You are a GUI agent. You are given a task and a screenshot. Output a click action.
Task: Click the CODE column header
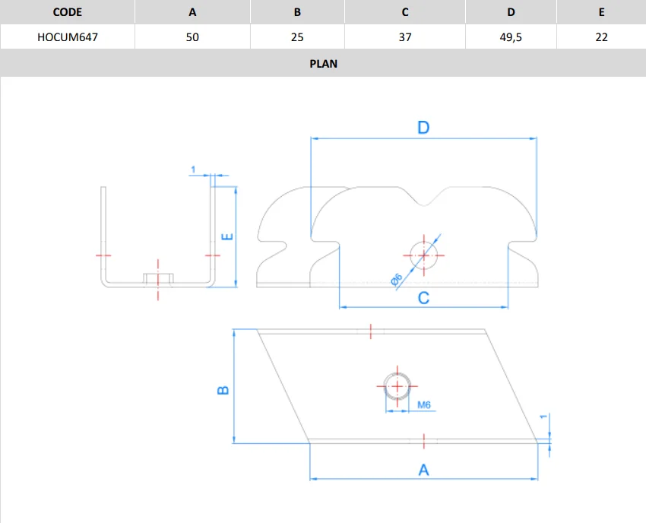[x=68, y=12]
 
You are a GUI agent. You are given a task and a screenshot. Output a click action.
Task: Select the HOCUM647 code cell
[x=68, y=36]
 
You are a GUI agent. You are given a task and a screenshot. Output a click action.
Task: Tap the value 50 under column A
[x=192, y=36]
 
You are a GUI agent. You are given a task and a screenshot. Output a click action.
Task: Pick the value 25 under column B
[x=298, y=36]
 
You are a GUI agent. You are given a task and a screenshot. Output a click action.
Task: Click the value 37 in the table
[x=405, y=36]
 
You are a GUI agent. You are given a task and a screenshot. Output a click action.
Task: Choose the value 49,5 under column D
[x=511, y=36]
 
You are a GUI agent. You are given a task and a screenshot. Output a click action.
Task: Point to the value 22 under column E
[x=601, y=36]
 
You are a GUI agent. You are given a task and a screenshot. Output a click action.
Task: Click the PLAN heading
[x=323, y=64]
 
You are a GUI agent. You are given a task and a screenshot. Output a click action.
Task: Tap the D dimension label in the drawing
[x=423, y=128]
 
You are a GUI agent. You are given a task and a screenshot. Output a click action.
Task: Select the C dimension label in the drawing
[x=423, y=298]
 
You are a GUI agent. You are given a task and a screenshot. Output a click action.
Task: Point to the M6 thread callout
[x=424, y=405]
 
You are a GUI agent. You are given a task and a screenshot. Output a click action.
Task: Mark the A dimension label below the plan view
[x=423, y=470]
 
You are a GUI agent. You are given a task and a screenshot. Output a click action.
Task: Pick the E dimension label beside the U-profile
[x=226, y=236]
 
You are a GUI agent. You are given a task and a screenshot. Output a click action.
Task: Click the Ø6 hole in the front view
[x=423, y=254]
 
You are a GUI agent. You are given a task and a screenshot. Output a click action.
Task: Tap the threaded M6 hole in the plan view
[x=396, y=385]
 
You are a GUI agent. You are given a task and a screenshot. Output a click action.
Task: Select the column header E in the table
[x=601, y=12]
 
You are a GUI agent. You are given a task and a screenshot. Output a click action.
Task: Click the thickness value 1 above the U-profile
[x=194, y=168]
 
